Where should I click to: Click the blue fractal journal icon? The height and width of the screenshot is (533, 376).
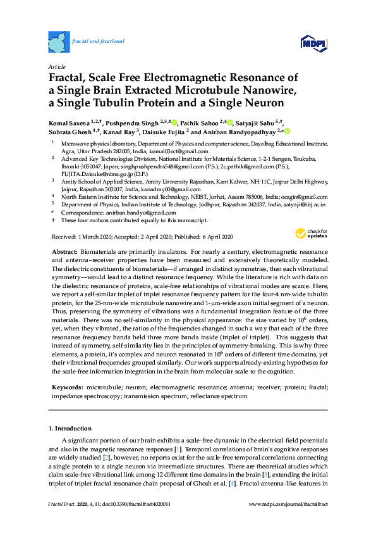[59, 42]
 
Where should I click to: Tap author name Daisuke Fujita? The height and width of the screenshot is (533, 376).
[164, 132]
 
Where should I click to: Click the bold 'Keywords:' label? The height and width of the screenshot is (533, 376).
[67, 386]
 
